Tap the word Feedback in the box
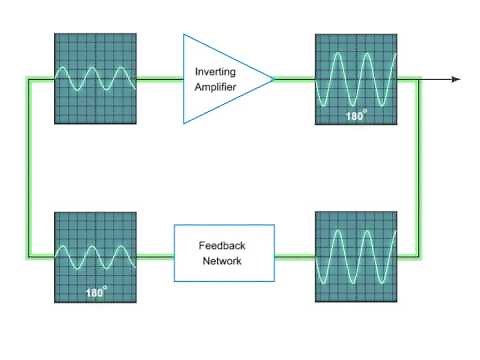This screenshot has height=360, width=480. point(221,245)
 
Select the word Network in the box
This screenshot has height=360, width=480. point(221,261)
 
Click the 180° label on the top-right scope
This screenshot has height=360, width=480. point(355,116)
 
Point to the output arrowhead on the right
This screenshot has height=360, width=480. point(456,79)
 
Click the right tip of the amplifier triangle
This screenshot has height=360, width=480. point(273,78)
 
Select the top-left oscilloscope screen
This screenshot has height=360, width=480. point(95,79)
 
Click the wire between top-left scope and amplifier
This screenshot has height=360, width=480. point(159,79)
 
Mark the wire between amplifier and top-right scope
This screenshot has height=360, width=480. point(294,79)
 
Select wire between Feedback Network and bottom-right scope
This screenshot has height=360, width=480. point(294,257)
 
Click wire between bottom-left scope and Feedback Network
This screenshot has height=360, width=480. point(155,257)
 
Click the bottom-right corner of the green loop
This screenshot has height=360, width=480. point(420,257)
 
